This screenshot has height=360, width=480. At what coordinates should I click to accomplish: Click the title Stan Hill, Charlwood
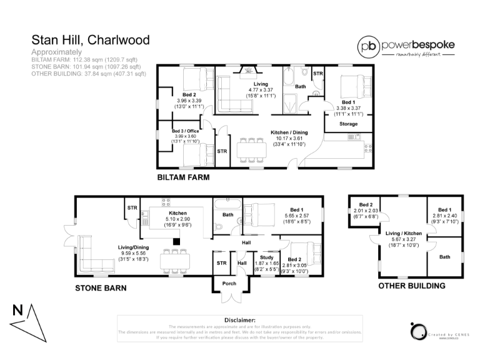(x=91, y=41)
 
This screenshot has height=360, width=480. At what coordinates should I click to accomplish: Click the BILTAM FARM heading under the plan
(x=183, y=177)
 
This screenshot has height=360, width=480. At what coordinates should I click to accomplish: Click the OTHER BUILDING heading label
(x=411, y=286)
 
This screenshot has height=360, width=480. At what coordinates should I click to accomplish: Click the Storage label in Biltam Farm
(x=348, y=124)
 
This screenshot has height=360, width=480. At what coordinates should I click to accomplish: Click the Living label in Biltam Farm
(x=261, y=84)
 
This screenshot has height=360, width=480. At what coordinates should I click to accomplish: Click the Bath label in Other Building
(x=444, y=257)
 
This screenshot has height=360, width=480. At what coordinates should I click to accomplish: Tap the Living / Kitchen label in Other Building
(x=403, y=233)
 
